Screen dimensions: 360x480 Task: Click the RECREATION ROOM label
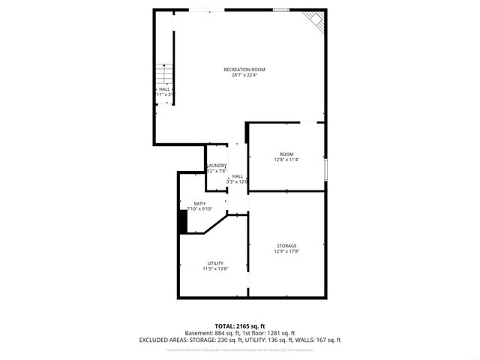pyautogui.click(x=244, y=70)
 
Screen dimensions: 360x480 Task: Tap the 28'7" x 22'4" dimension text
pyautogui.click(x=244, y=76)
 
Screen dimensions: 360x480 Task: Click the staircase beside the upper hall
pyautogui.click(x=163, y=75)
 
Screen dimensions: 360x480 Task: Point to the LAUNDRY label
pyautogui.click(x=217, y=165)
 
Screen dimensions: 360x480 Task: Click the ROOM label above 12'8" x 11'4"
pyautogui.click(x=286, y=154)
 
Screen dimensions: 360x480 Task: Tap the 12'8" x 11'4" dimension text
pyautogui.click(x=286, y=160)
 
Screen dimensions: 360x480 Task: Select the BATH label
pyautogui.click(x=199, y=203)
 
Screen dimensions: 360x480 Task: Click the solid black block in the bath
pyautogui.click(x=181, y=222)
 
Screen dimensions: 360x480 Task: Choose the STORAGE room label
pyautogui.click(x=286, y=245)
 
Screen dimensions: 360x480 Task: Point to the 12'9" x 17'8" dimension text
pyautogui.click(x=286, y=251)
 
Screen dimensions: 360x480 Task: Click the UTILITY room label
pyautogui.click(x=215, y=262)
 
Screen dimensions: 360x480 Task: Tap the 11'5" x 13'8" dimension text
pyautogui.click(x=215, y=268)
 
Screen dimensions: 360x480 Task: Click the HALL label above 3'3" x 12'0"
pyautogui.click(x=237, y=175)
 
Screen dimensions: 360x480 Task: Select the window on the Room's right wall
pyautogui.click(x=325, y=169)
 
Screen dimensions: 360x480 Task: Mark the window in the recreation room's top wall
pyautogui.click(x=281, y=10)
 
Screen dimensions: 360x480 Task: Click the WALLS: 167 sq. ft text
pyautogui.click(x=319, y=340)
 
